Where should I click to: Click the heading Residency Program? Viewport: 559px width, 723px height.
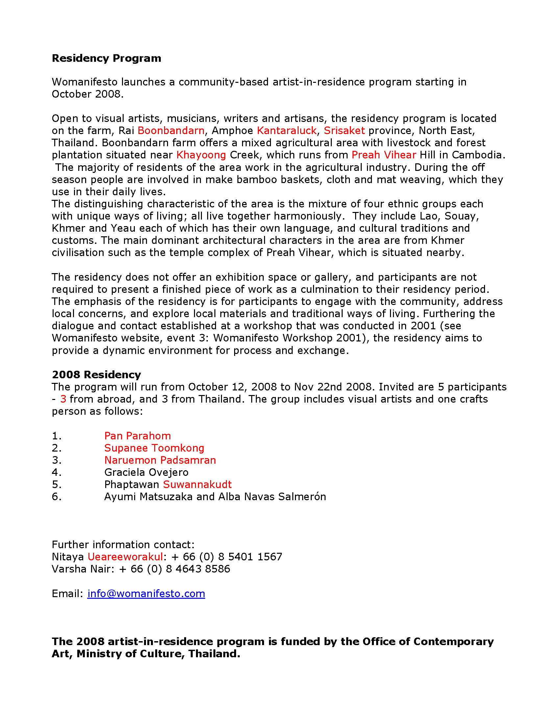click(x=106, y=58)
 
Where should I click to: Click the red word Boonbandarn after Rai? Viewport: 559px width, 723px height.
click(x=171, y=130)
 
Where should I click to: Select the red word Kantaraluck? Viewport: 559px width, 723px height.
click(x=286, y=130)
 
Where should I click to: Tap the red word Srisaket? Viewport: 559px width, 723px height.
click(x=344, y=130)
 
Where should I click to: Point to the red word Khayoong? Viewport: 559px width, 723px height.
click(x=201, y=155)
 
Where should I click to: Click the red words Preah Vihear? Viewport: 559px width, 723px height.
click(x=383, y=155)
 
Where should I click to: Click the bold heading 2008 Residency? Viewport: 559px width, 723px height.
click(x=96, y=374)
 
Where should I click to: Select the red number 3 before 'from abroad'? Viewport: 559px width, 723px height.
click(x=63, y=399)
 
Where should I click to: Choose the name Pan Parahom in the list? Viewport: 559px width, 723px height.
click(x=137, y=436)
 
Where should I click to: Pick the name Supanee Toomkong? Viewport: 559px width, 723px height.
click(x=154, y=448)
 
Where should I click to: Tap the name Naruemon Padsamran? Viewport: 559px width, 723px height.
click(x=160, y=460)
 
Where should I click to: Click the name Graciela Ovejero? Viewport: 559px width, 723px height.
click(x=146, y=472)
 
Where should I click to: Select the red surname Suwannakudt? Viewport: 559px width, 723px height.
click(x=197, y=484)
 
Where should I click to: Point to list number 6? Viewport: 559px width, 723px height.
click(x=56, y=497)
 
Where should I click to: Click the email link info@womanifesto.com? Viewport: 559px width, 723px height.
click(x=146, y=594)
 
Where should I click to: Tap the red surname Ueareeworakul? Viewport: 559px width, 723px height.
click(x=125, y=557)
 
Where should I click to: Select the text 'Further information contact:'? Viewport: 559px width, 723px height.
click(x=123, y=545)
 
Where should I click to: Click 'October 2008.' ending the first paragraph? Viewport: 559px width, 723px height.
click(x=87, y=94)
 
